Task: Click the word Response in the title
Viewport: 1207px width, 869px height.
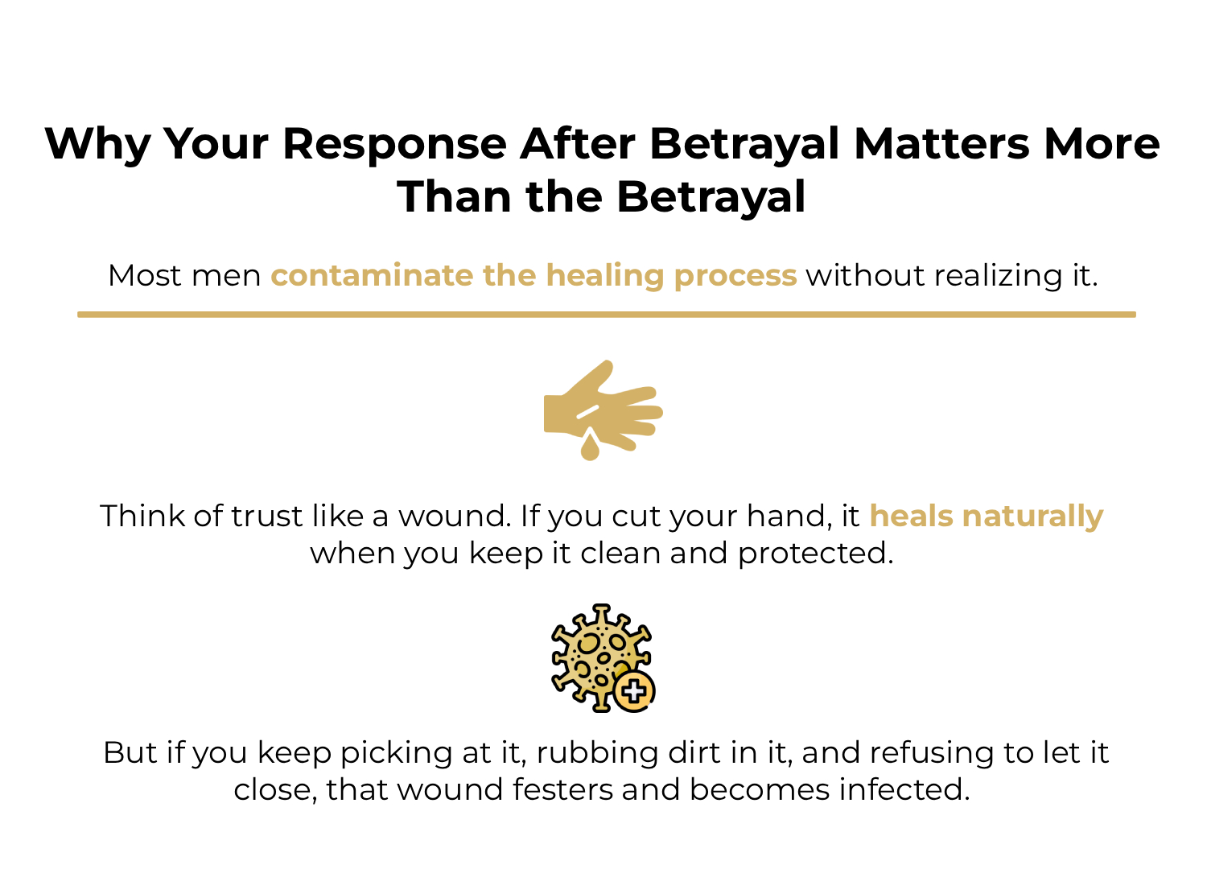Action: point(394,145)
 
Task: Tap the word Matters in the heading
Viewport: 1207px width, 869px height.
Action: point(941,145)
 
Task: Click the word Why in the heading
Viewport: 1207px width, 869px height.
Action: point(97,145)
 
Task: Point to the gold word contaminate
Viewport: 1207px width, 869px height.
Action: point(371,276)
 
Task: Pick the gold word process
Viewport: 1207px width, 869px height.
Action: point(735,276)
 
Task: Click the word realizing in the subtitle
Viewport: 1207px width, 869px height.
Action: point(998,276)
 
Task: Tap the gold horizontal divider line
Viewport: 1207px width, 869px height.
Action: point(606,315)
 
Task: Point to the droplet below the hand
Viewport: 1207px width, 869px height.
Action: point(590,447)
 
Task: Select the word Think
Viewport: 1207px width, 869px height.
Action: point(142,516)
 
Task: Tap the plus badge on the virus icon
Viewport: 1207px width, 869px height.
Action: point(634,691)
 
